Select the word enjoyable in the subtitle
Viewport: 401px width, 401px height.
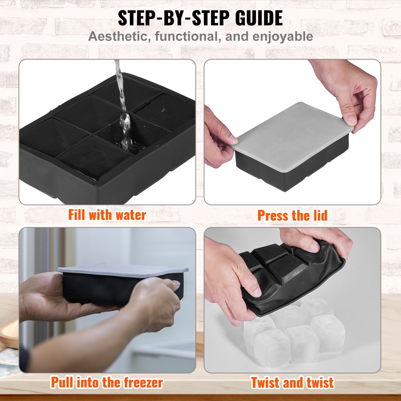point(282,37)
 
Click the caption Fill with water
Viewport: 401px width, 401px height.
point(107,215)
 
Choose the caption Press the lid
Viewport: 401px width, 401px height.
point(292,216)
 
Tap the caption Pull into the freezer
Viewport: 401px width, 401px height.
point(107,382)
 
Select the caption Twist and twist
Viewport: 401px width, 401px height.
point(292,383)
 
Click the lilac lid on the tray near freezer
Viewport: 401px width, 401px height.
point(123,270)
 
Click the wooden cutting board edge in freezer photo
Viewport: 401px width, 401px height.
point(10,336)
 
